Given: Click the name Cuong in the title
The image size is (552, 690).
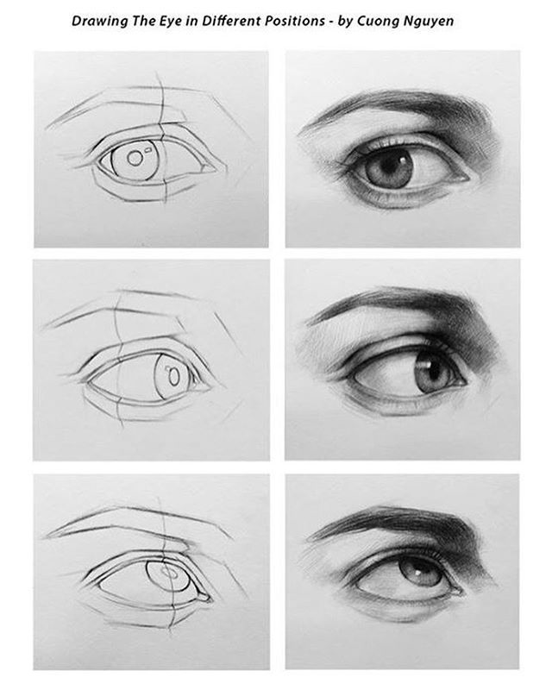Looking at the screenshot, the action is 374,22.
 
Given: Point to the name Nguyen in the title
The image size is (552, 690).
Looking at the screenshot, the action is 424,22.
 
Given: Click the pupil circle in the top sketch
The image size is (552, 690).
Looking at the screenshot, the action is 135,158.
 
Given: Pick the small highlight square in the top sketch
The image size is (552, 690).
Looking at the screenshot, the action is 147,149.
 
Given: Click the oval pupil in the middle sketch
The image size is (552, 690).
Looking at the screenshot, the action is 174,377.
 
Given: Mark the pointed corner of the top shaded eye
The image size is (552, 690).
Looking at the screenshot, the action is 469,179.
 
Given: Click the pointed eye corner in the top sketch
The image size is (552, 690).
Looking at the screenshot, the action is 216,168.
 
